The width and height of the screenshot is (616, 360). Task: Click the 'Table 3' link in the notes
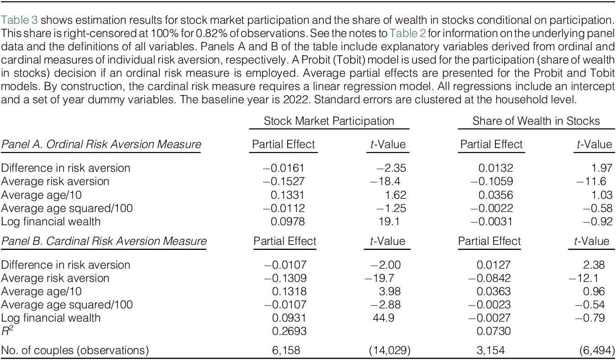[x=19, y=20]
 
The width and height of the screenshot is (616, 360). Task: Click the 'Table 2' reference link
[x=408, y=33]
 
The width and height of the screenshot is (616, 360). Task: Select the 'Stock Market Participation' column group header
[x=329, y=121]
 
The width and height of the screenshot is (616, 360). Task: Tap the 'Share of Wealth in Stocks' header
[x=536, y=121]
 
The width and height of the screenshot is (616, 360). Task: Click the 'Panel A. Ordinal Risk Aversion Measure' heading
[x=101, y=144]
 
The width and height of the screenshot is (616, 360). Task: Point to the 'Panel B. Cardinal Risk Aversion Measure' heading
[x=104, y=241]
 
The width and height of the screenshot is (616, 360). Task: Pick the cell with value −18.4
[x=385, y=181]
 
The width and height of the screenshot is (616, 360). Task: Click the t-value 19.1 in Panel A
[x=389, y=222]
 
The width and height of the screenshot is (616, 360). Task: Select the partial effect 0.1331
[x=287, y=195]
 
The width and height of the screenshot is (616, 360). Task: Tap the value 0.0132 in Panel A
[x=495, y=168]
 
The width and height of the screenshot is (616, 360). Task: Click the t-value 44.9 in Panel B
[x=384, y=318]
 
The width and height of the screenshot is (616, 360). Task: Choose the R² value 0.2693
[x=289, y=331]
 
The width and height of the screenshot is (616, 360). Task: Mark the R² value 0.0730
[x=494, y=331]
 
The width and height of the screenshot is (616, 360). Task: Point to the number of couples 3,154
[x=490, y=350]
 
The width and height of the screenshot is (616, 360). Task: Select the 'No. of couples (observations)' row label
[x=75, y=350]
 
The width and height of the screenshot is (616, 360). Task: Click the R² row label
[x=7, y=331]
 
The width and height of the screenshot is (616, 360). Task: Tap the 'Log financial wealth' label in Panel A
[x=51, y=222]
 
